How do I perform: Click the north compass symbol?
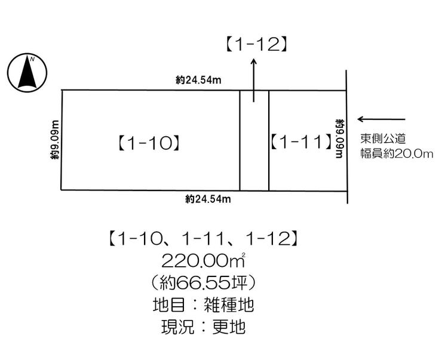click(x=27, y=73)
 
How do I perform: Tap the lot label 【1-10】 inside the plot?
click(x=148, y=143)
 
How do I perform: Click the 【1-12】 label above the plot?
click(x=255, y=44)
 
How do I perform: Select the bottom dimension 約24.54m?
click(x=208, y=199)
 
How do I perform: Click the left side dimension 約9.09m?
click(x=55, y=141)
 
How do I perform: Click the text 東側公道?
click(x=383, y=139)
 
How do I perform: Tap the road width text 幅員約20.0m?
click(x=396, y=154)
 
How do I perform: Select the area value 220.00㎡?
click(x=203, y=260)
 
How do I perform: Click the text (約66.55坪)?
click(x=203, y=282)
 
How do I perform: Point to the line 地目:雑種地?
click(x=203, y=305)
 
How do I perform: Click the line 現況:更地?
click(x=203, y=327)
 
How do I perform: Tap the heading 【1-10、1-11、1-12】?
click(x=203, y=239)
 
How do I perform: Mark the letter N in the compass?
click(x=33, y=59)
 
